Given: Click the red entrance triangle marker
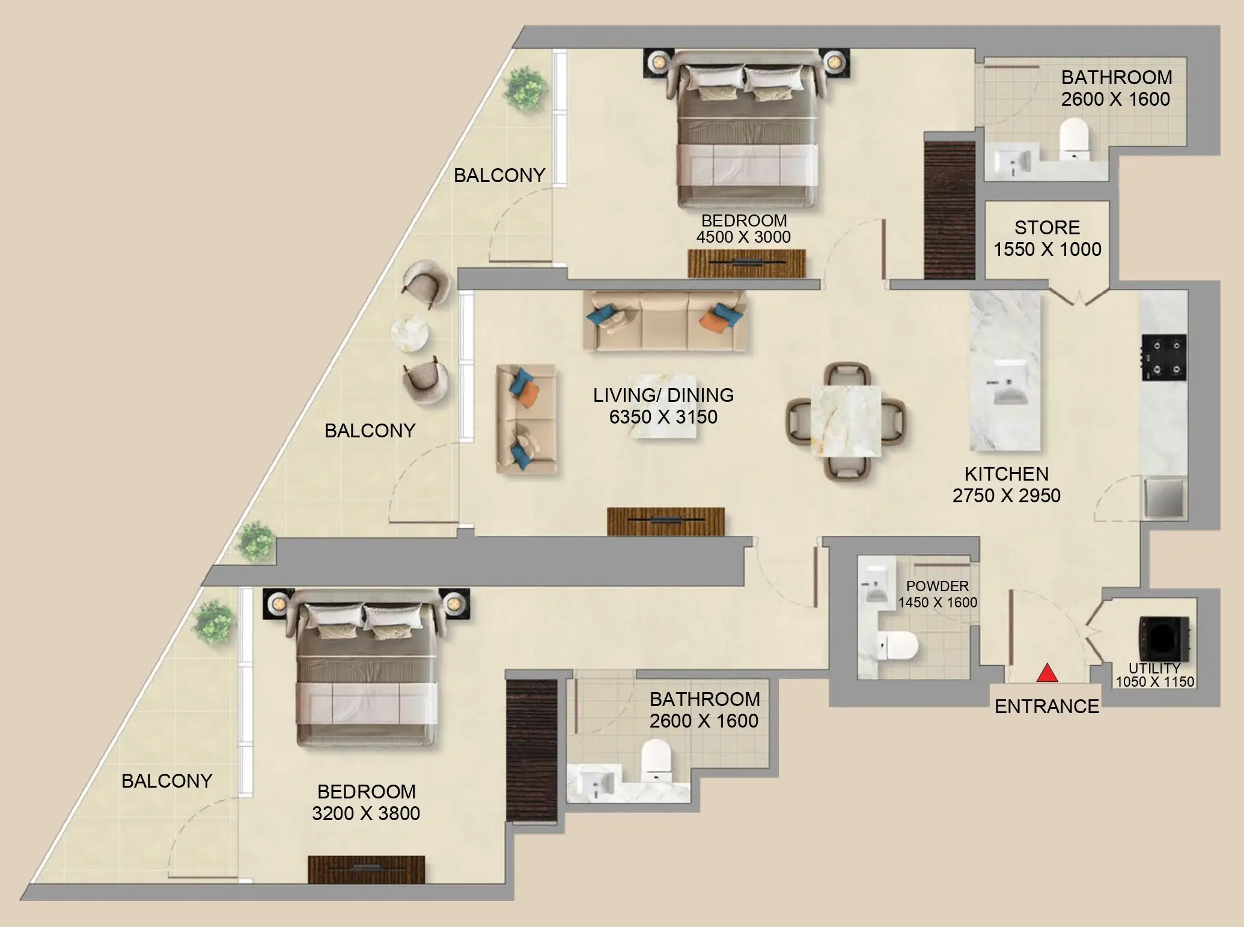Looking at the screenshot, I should (x=1047, y=673).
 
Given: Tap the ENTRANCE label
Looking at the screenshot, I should (x=1047, y=707).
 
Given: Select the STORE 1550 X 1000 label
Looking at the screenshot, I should (x=1047, y=239).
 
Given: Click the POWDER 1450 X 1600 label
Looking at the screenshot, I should (x=938, y=594).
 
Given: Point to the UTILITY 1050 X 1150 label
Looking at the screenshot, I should (x=1154, y=675).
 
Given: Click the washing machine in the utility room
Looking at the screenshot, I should (x=1163, y=639).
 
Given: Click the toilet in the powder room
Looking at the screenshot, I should (x=898, y=646).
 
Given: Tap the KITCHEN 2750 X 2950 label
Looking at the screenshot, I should (x=1006, y=485).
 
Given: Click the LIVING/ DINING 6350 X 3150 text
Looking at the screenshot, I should (x=663, y=406).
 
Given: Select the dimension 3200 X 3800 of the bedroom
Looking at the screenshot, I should (x=365, y=813).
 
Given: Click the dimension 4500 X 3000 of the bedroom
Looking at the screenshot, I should (x=743, y=237).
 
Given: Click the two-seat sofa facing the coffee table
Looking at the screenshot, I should (x=526, y=419).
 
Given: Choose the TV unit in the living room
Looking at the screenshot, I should (x=665, y=520).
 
